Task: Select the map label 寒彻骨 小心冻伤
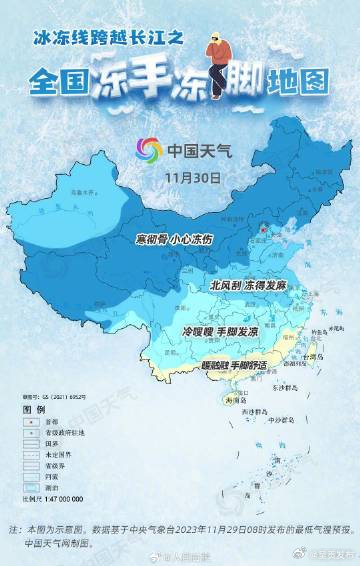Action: tap(174, 240)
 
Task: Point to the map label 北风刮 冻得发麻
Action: tap(247, 285)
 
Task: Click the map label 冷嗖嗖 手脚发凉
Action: tap(219, 330)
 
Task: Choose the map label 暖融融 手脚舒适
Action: tap(234, 365)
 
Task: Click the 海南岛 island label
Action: tap(234, 400)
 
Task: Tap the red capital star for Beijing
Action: tap(263, 228)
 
